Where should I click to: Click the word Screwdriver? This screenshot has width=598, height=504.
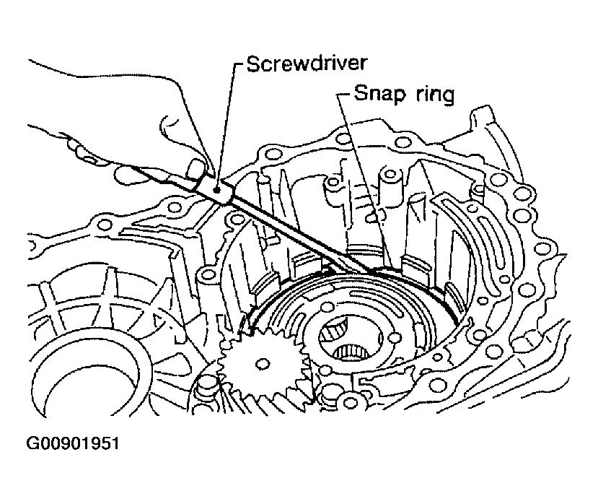coord(307,64)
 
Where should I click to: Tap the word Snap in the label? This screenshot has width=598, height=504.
coord(379,94)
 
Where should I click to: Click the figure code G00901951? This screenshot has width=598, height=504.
coord(72,443)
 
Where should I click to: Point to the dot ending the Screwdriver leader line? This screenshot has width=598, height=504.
coord(217,190)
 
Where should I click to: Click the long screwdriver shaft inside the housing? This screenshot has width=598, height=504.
coord(302,234)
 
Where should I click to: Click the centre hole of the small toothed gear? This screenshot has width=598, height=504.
coord(263,364)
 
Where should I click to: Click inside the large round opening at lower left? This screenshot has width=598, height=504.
coord(92,378)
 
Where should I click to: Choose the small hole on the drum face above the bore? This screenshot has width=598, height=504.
coord(328,296)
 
